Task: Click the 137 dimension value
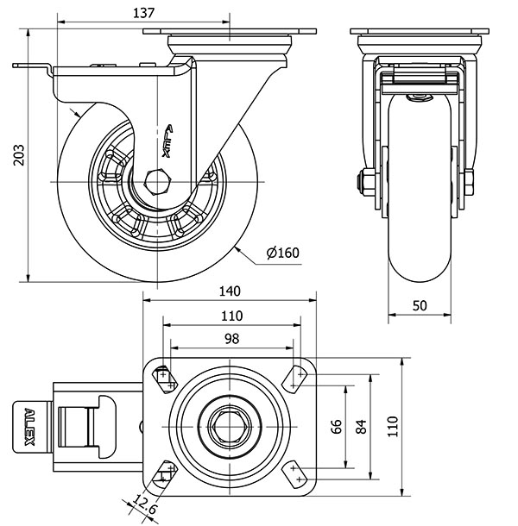[144, 11]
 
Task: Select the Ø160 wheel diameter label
[282, 253]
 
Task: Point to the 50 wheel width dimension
[420, 306]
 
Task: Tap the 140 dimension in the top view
[230, 291]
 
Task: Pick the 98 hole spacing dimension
[231, 339]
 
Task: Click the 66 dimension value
[338, 426]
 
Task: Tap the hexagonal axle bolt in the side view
[157, 183]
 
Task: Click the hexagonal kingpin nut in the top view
[231, 423]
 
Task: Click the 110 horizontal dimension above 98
[231, 315]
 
